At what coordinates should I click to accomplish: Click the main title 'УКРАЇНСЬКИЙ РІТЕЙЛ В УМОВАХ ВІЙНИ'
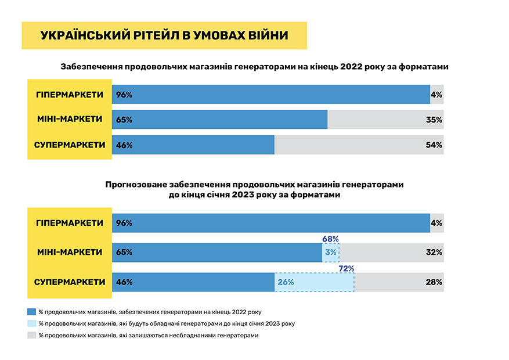(x=164, y=35)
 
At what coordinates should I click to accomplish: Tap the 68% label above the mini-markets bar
(x=330, y=238)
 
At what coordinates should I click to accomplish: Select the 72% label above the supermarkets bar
(x=346, y=268)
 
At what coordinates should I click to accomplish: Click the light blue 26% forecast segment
(x=314, y=282)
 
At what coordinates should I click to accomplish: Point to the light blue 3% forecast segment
(x=331, y=253)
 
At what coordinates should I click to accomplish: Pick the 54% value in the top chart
(x=434, y=145)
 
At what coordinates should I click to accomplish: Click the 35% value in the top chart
(x=434, y=120)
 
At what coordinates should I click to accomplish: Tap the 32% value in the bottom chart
(x=434, y=253)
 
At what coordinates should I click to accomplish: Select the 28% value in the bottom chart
(x=434, y=282)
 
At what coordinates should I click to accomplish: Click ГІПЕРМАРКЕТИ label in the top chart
(x=70, y=95)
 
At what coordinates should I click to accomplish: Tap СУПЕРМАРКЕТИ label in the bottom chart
(x=70, y=282)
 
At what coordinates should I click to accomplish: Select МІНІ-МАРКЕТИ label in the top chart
(x=70, y=120)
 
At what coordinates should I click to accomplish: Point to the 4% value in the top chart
(x=436, y=95)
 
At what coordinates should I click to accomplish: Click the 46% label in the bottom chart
(x=124, y=282)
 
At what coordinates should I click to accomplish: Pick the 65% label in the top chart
(x=124, y=120)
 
